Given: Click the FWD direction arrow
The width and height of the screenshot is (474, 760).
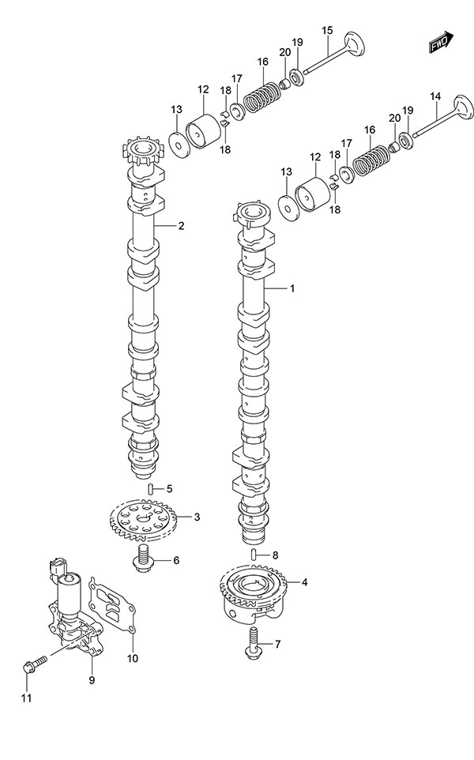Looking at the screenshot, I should coord(441,41).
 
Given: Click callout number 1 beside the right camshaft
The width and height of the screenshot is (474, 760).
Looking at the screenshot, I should coord(292,289).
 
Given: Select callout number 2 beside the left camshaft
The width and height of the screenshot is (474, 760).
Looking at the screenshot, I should coord(181,226).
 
